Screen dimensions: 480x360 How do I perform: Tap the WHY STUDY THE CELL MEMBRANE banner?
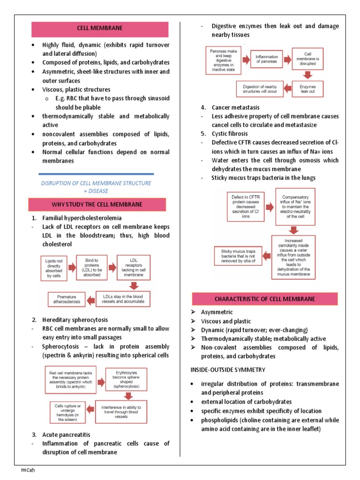(x=97, y=204)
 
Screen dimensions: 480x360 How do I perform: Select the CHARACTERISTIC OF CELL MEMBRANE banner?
(x=264, y=299)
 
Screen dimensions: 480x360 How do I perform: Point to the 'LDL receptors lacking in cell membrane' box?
(x=134, y=266)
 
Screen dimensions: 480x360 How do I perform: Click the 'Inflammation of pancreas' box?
(x=266, y=59)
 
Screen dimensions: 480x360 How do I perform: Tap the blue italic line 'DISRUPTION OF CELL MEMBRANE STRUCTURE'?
(x=97, y=183)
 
